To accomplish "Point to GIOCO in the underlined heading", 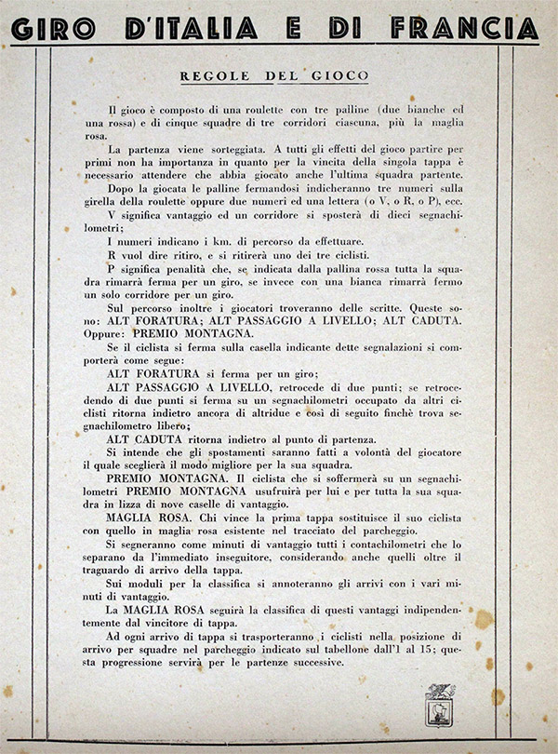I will click(339, 75).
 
